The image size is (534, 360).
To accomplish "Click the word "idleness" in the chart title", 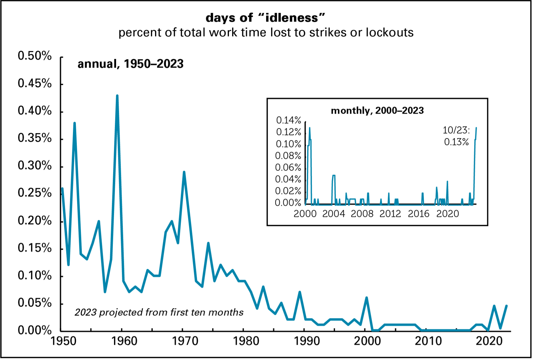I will pyautogui.click(x=291, y=18).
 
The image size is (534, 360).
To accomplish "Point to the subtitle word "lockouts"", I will pyautogui.click(x=390, y=32).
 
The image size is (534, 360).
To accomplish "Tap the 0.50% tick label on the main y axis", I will pyautogui.click(x=35, y=56).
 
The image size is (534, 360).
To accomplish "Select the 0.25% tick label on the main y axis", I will pyautogui.click(x=35, y=193).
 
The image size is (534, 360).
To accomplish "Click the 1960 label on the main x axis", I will pyautogui.click(x=124, y=341).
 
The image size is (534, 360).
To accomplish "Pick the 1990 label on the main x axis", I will pyautogui.click(x=307, y=341).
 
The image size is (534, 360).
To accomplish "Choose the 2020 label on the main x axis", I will pyautogui.click(x=489, y=341).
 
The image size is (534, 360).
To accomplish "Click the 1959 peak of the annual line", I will pyautogui.click(x=117, y=96).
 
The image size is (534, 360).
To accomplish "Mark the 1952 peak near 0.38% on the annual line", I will pyautogui.click(x=74, y=123).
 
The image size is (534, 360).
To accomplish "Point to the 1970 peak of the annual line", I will pyautogui.click(x=184, y=172).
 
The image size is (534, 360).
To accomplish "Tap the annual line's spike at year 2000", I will pyautogui.click(x=367, y=298).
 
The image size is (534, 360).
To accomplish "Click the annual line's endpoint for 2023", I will pyautogui.click(x=507, y=306).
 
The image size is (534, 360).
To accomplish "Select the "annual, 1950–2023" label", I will pyautogui.click(x=130, y=64).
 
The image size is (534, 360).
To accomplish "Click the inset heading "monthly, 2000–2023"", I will pyautogui.click(x=377, y=111).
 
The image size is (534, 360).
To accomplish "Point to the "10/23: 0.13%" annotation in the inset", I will pyautogui.click(x=456, y=136).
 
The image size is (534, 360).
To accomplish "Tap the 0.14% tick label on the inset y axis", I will pyautogui.click(x=288, y=120).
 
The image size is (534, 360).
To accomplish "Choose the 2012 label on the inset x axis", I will pyautogui.click(x=390, y=214).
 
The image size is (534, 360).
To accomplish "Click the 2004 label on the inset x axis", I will pyautogui.click(x=333, y=214).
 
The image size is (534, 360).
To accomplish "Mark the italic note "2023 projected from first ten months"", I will pyautogui.click(x=159, y=312).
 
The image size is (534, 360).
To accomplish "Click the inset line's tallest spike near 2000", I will pyautogui.click(x=310, y=128).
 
